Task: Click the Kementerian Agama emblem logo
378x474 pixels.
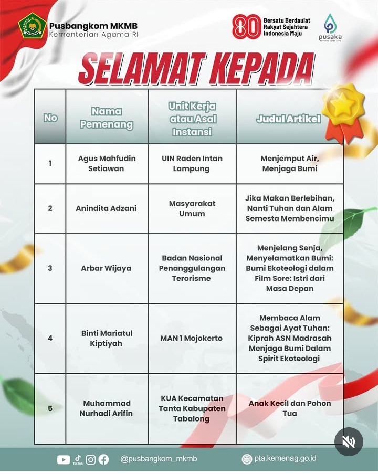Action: click(30, 26)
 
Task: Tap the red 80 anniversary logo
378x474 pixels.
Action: click(246, 27)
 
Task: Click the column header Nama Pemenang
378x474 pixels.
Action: click(107, 118)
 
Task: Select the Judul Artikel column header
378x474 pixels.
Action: click(289, 119)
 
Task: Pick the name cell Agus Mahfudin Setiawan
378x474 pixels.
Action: click(107, 163)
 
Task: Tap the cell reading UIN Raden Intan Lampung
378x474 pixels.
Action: click(192, 163)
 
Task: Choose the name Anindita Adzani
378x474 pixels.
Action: click(106, 208)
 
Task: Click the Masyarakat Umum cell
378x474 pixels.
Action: click(192, 208)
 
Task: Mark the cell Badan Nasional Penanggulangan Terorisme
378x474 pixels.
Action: click(192, 268)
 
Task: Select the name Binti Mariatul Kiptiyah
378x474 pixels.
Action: click(107, 338)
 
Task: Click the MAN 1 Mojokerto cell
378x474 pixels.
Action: click(192, 338)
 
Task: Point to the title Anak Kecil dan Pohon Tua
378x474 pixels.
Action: click(289, 408)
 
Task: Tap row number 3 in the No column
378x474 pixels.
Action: click(50, 268)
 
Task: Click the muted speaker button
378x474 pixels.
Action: click(349, 442)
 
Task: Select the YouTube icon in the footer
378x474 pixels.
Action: click(64, 459)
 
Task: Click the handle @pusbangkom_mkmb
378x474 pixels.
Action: click(159, 459)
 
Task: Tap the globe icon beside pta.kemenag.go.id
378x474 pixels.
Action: click(247, 459)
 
